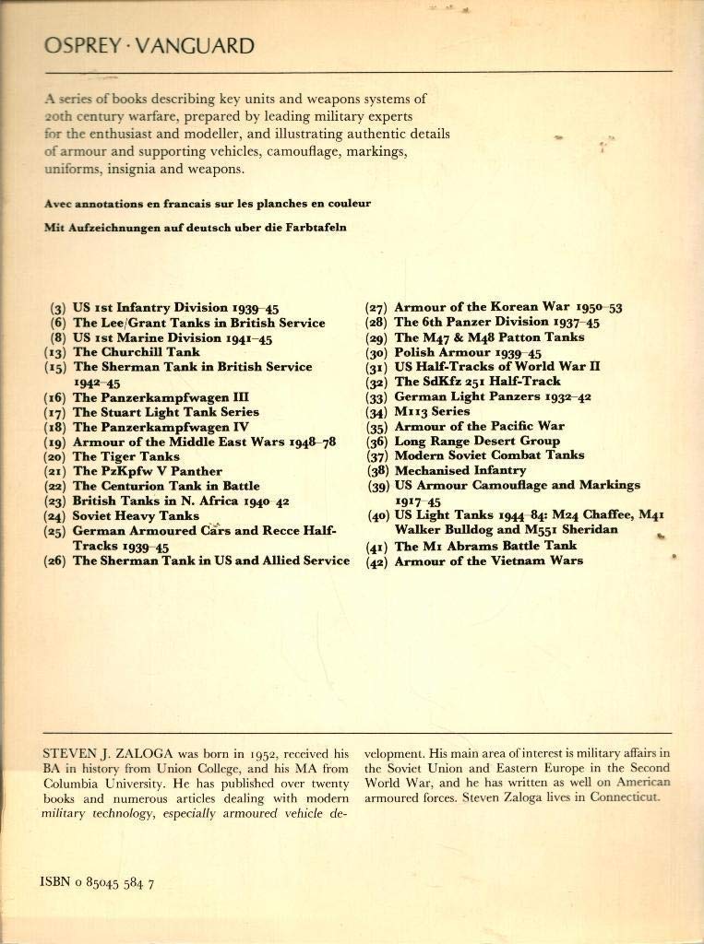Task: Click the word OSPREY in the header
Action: coord(80,46)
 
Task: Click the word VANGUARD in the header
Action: coord(195,46)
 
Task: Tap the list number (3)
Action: coord(57,308)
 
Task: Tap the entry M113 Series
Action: coord(432,411)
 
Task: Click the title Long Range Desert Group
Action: coord(477,441)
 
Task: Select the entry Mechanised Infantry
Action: coord(460,470)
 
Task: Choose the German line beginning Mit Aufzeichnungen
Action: coord(195,227)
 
